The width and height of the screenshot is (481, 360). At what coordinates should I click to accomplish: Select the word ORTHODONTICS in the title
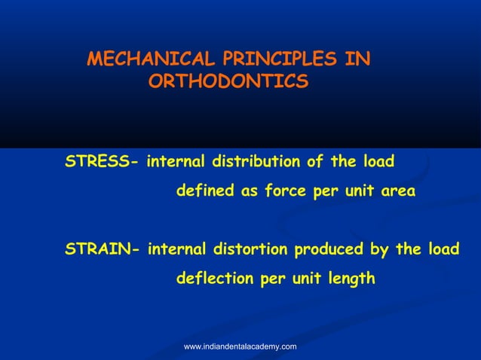pos(228,81)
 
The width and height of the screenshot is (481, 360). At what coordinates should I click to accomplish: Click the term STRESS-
pos(101,161)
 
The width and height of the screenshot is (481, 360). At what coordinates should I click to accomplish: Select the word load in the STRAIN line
pos(443,249)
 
